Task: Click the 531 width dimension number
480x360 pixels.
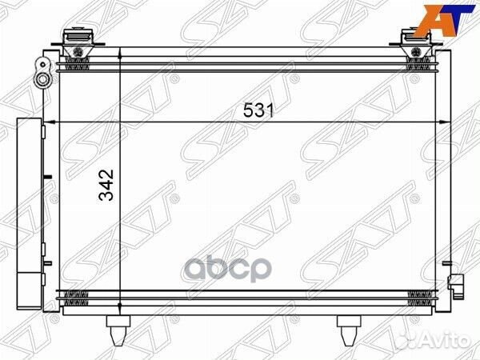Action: click(258, 112)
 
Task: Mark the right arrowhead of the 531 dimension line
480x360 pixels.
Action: click(443, 121)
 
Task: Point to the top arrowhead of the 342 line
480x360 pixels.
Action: click(120, 54)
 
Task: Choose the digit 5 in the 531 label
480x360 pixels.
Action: click(248, 112)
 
